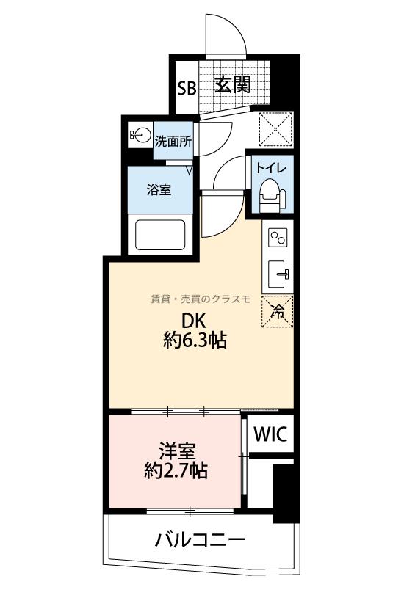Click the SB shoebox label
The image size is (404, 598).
[x=187, y=88]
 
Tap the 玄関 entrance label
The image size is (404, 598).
[x=232, y=84]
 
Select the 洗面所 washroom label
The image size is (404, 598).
[x=173, y=142]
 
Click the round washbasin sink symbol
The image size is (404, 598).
[x=140, y=134]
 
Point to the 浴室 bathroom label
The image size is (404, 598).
[x=159, y=189]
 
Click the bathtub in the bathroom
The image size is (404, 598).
[x=160, y=235]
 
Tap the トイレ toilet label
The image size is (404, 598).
[x=271, y=168]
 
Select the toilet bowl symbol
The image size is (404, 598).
[x=272, y=196]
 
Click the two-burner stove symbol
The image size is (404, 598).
[x=277, y=238]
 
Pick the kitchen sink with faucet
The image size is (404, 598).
[x=278, y=274]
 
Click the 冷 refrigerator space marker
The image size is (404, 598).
[x=277, y=311]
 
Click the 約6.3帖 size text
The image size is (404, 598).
[x=195, y=340]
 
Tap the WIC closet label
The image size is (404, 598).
[x=270, y=434]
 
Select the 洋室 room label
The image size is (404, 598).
[x=177, y=451]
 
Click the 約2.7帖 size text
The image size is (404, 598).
[x=176, y=470]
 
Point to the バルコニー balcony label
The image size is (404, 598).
[x=199, y=540]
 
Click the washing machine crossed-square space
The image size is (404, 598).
[x=276, y=129]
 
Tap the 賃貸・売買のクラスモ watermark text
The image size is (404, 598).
[x=201, y=299]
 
